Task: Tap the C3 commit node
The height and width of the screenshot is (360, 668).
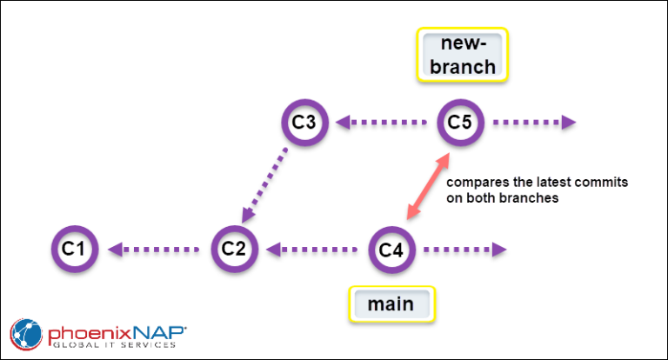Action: click(x=304, y=122)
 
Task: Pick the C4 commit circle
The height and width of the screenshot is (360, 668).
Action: click(x=392, y=250)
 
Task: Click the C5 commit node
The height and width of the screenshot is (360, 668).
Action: click(x=460, y=122)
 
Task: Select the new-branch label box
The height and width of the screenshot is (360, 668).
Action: click(x=462, y=55)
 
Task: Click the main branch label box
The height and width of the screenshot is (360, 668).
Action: click(x=391, y=305)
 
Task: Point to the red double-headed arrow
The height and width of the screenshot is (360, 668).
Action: click(x=428, y=186)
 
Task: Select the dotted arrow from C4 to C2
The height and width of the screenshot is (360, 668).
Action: click(x=313, y=250)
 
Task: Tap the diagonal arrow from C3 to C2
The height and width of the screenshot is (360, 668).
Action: click(x=268, y=184)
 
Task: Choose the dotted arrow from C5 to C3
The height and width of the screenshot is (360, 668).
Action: click(x=382, y=122)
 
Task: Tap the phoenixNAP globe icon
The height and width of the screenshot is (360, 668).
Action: click(x=25, y=334)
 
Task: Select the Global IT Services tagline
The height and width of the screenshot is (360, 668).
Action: click(x=111, y=346)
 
